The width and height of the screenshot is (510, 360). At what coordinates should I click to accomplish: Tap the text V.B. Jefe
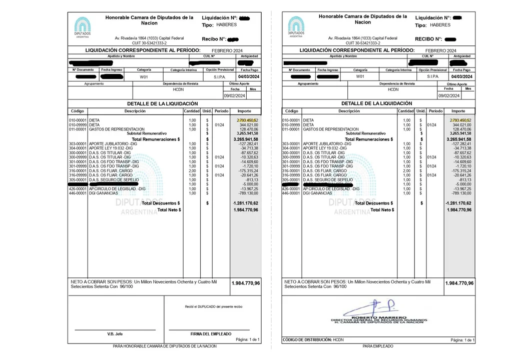[x=115, y=333]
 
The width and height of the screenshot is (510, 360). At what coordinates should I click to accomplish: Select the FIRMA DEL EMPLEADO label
[x=211, y=333]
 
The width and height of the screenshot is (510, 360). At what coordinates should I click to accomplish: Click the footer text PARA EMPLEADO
[x=378, y=346]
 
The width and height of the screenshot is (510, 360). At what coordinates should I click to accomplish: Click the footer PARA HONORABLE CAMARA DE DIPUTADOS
[x=165, y=346]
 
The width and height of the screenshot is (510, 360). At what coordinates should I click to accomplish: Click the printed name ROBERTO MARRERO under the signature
[x=379, y=317]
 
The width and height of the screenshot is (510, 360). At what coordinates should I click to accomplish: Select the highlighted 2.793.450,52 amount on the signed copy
[x=460, y=120]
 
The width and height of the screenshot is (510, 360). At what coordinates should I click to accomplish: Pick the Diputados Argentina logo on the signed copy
[x=296, y=27]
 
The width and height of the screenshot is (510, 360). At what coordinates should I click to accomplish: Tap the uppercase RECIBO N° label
[x=428, y=39]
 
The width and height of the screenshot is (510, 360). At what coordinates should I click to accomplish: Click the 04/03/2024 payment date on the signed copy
[x=461, y=76]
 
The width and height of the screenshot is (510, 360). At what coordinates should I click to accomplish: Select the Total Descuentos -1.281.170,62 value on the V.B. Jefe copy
[x=246, y=203]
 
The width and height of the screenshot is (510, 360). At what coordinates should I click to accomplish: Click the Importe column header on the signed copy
[x=458, y=111]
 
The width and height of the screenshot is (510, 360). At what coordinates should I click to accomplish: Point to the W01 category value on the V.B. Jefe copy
[x=144, y=77]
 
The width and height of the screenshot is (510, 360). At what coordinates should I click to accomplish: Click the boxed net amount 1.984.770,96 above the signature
[x=459, y=283]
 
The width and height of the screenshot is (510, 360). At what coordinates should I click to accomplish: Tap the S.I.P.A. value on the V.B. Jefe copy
[x=219, y=77]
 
